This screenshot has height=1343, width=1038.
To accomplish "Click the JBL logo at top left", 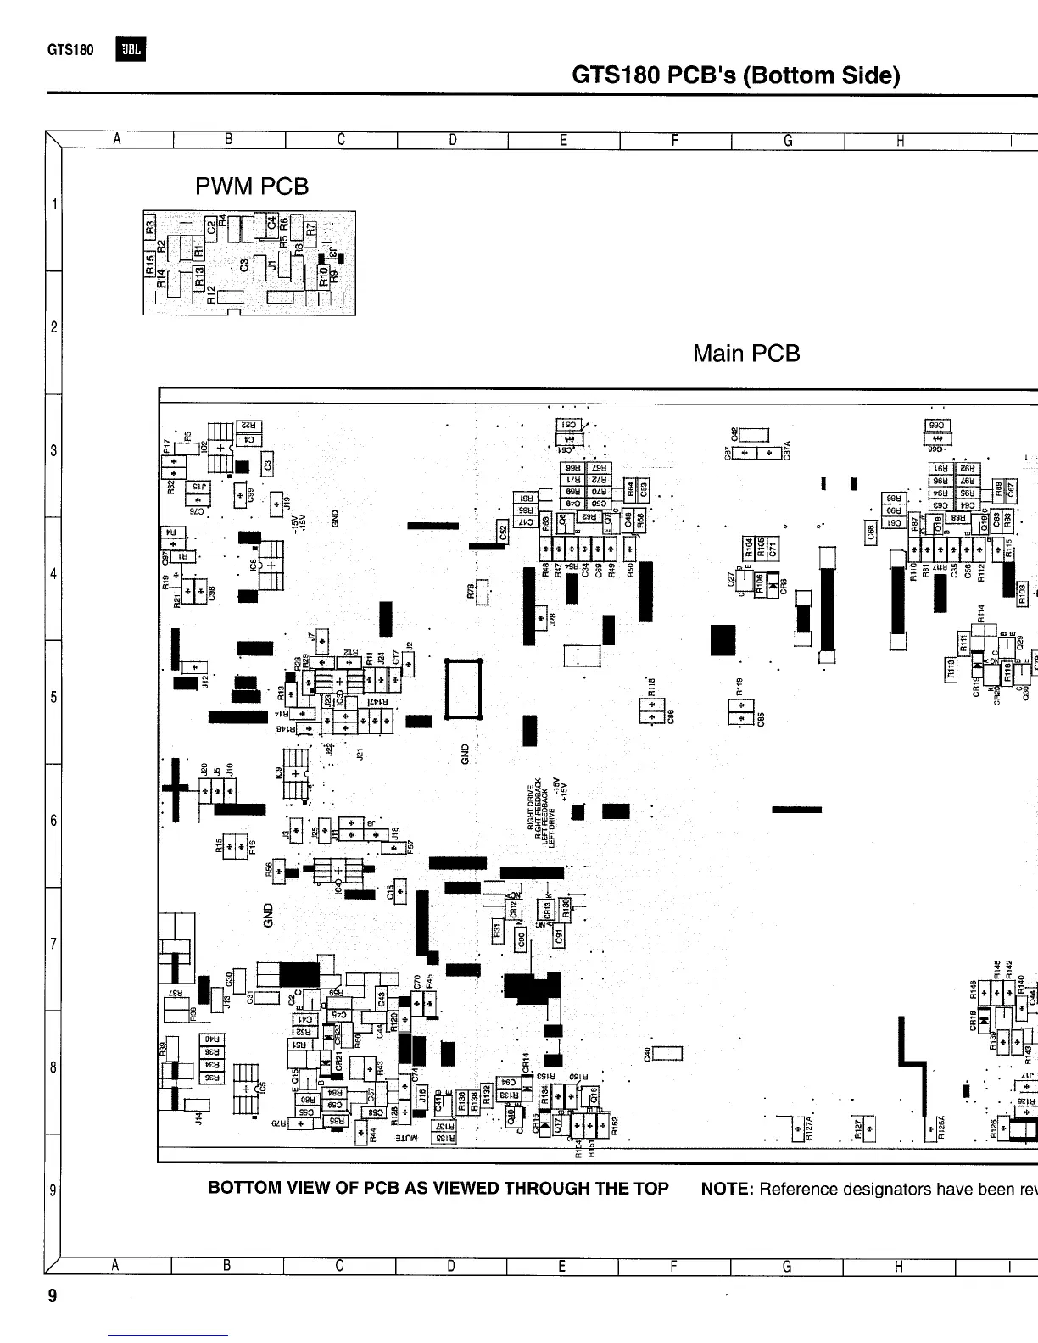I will (x=132, y=51).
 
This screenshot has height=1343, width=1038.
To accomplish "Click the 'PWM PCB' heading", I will (x=252, y=186).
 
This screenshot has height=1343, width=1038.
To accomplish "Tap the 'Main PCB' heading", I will (x=746, y=353).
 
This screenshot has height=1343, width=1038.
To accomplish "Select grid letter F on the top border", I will (x=675, y=141).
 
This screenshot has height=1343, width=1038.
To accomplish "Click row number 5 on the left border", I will (x=53, y=698).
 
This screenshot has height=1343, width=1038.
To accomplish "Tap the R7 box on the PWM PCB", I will (x=312, y=228).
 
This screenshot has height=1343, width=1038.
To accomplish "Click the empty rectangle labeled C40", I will (x=667, y=1054).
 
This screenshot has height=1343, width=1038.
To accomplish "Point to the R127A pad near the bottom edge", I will (x=797, y=1128).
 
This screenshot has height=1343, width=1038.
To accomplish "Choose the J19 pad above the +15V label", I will (x=276, y=504).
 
